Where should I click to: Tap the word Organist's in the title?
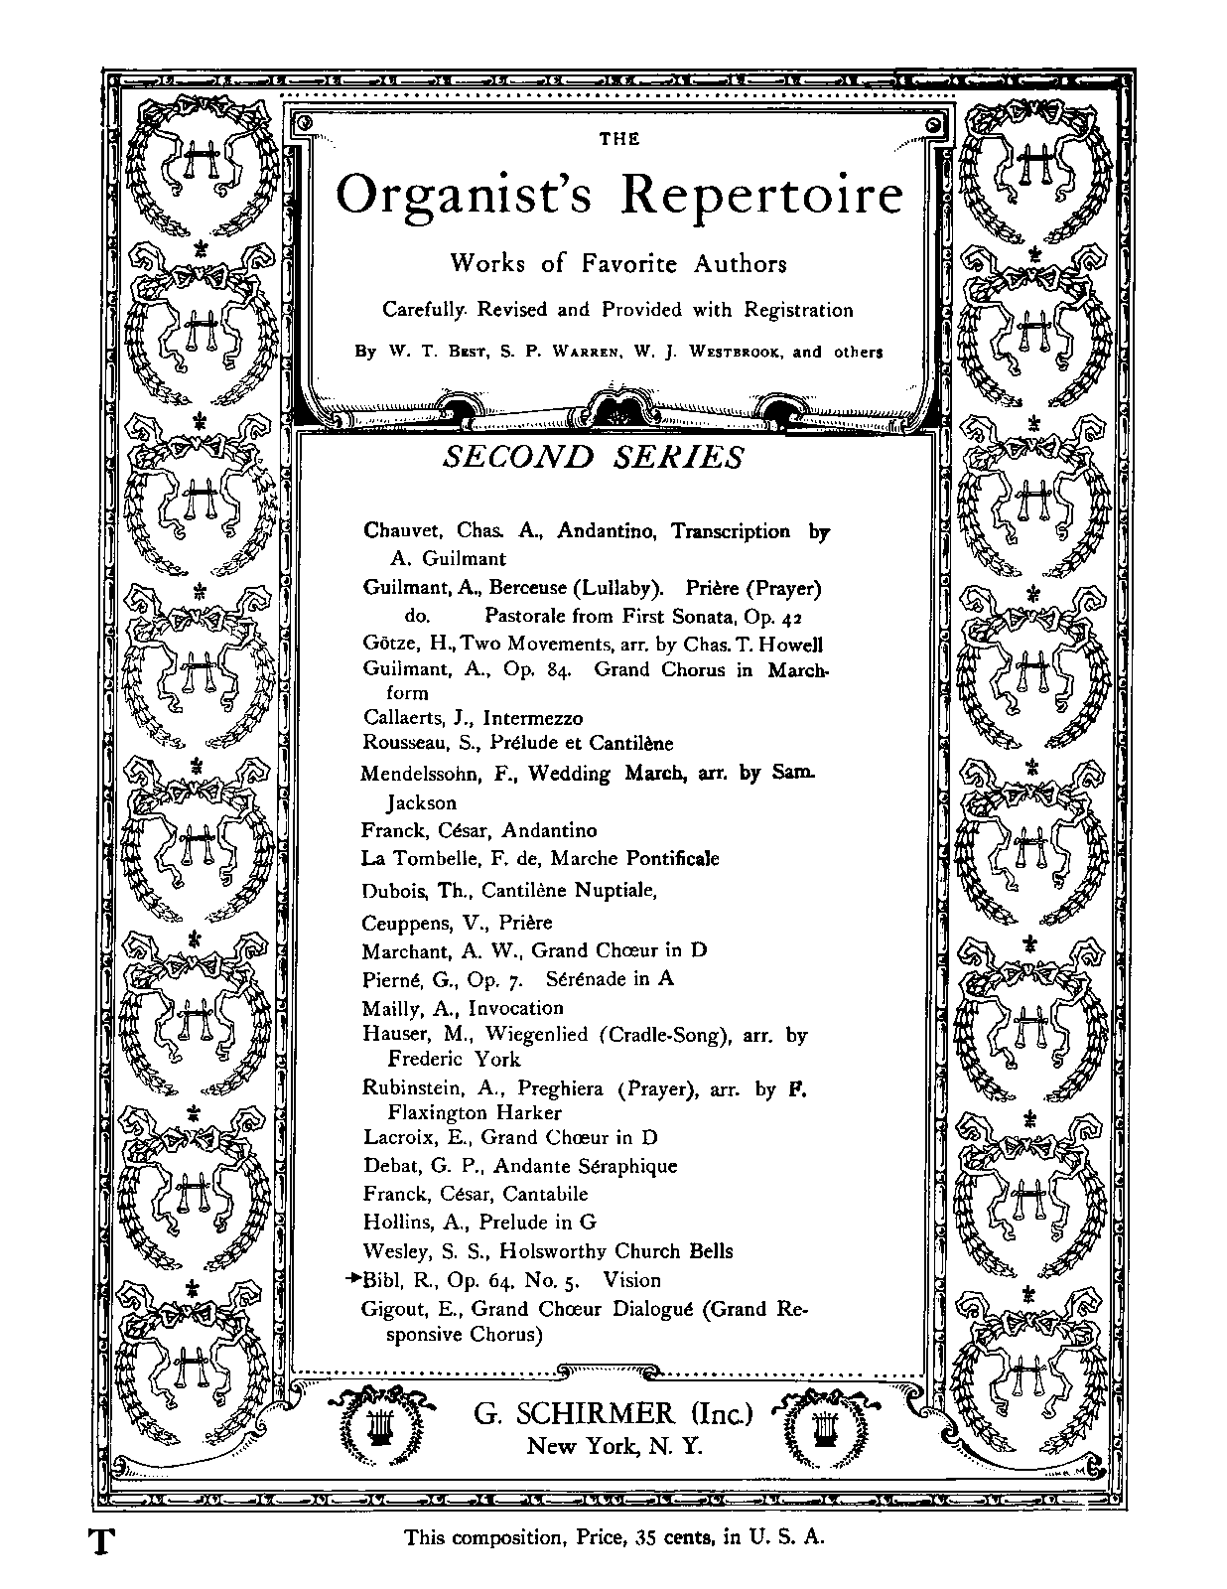(x=465, y=197)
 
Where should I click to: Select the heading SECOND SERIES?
(x=593, y=457)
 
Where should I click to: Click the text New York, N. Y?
(x=614, y=1447)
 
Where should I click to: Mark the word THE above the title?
(x=619, y=139)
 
